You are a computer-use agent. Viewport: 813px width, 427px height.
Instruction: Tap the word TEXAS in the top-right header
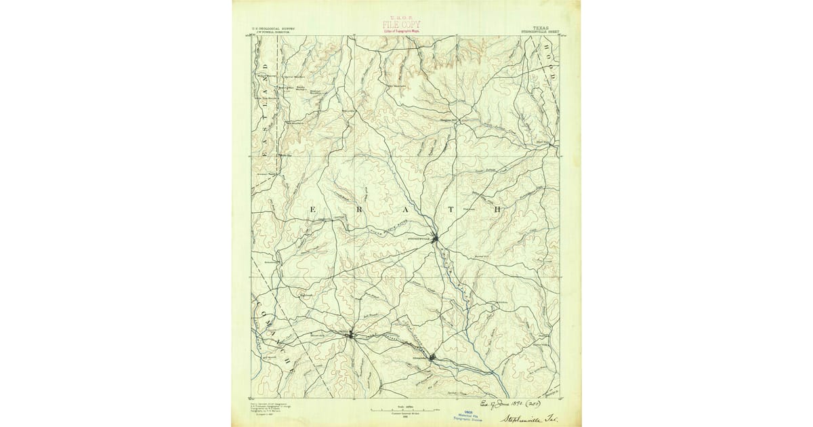point(541,28)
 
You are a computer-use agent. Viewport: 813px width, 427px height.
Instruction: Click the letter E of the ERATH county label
point(312,209)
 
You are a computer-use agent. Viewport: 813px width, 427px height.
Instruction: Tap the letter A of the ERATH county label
point(406,209)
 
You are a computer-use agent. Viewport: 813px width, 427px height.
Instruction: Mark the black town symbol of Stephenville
point(437,238)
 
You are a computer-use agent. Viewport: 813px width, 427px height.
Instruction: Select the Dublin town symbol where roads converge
point(350,334)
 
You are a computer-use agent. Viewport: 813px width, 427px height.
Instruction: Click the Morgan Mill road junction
point(457,121)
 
